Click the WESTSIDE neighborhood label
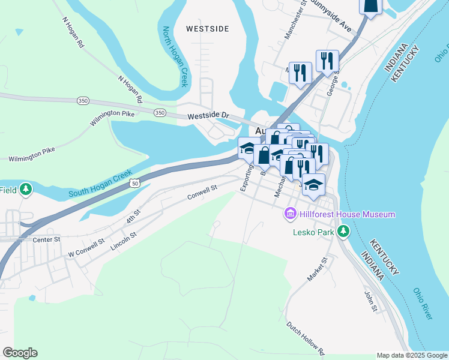coord(207,28)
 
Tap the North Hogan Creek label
coord(175,56)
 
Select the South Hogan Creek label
coord(100,185)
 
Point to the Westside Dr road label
coord(208,115)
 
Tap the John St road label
coord(370,302)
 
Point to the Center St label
coord(47,239)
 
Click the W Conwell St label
coord(85,247)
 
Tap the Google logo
coord(20,353)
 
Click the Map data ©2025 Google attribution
coord(411,355)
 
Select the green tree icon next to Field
coord(25,190)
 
